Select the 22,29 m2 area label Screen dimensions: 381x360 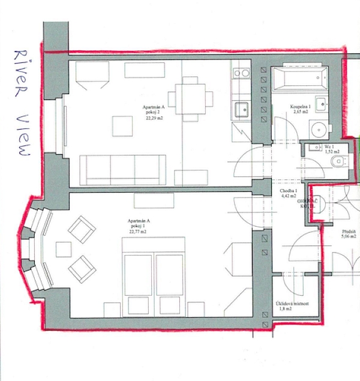click(154, 119)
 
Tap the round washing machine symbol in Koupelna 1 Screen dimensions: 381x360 click(319, 128)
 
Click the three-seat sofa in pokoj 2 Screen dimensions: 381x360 click(124, 169)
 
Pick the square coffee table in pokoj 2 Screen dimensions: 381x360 click(124, 125)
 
